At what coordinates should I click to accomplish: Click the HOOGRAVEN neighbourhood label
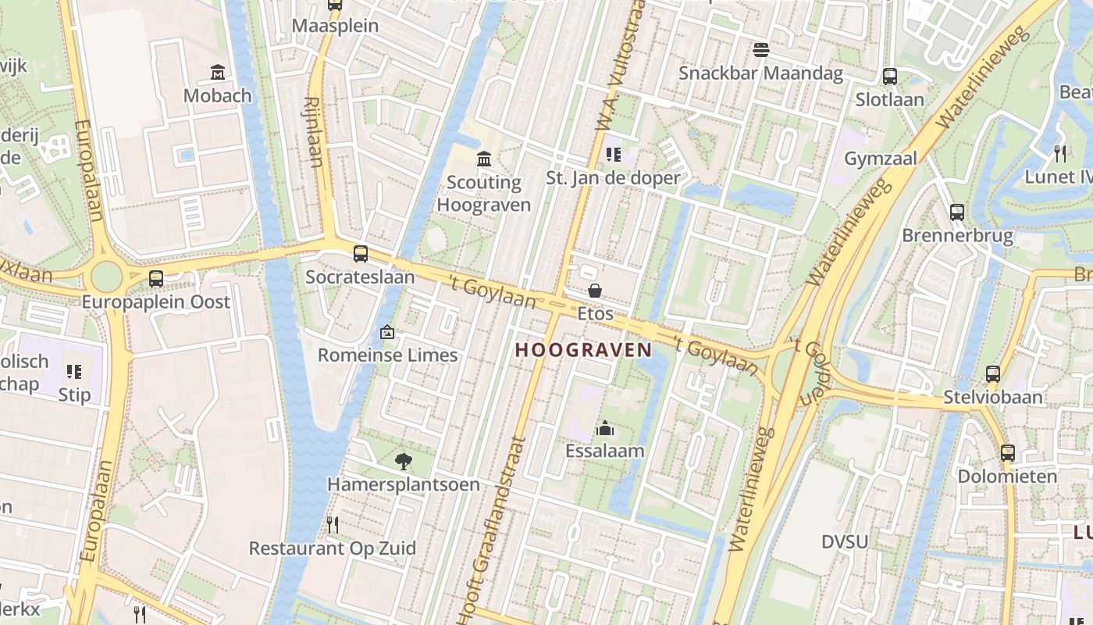(x=583, y=350)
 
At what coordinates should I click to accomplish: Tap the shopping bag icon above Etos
(x=595, y=291)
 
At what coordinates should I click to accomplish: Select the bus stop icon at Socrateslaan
(x=360, y=253)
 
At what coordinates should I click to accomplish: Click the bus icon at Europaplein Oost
(x=156, y=278)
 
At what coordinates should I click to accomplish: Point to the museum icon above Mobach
(x=218, y=73)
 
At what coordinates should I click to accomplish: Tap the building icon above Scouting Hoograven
(x=484, y=159)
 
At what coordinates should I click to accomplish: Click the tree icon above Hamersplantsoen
(x=403, y=461)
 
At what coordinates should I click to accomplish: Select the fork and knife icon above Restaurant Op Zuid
(x=333, y=524)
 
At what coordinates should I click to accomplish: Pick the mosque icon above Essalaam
(x=604, y=428)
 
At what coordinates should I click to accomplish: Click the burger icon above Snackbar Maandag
(x=761, y=50)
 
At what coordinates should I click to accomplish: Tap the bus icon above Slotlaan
(x=889, y=77)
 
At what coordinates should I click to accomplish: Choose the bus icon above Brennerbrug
(x=956, y=212)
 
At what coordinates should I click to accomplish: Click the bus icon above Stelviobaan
(x=992, y=374)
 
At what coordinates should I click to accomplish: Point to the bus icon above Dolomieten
(x=1007, y=452)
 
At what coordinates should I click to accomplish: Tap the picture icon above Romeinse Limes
(x=386, y=332)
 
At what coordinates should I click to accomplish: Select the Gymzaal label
(x=881, y=159)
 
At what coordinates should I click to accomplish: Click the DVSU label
(x=845, y=541)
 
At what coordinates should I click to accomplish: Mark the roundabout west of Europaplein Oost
(x=107, y=277)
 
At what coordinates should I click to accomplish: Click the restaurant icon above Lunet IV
(x=1059, y=153)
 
